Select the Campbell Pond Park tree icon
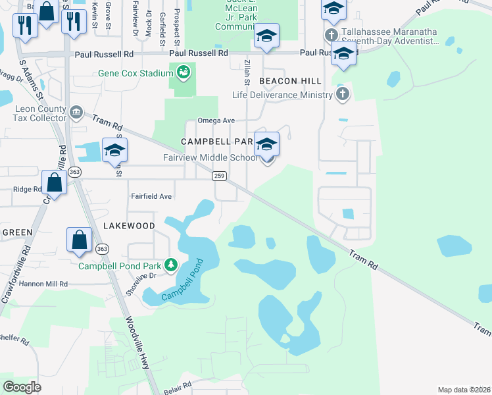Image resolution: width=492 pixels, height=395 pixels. tap(171, 265)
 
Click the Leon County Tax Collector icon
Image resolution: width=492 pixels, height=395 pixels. tap(77, 113)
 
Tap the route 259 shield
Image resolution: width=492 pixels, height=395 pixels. tap(219, 176)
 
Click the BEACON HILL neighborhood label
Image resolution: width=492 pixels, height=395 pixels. tap(290, 81)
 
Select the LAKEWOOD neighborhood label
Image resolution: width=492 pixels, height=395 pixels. tap(129, 226)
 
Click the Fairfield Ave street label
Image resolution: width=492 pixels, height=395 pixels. tap(151, 196)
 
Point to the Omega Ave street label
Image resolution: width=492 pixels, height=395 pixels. tap(216, 121)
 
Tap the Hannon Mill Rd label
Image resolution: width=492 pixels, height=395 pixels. tap(44, 283)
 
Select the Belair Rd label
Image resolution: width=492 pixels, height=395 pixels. tap(176, 388)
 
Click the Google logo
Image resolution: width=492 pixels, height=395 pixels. tap(22, 386)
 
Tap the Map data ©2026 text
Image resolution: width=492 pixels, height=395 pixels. tap(464, 390)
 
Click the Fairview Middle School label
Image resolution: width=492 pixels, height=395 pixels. tap(210, 158)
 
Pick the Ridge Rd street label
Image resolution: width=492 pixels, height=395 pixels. tap(27, 190)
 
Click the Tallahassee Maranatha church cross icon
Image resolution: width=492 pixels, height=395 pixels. tap(330, 34)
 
